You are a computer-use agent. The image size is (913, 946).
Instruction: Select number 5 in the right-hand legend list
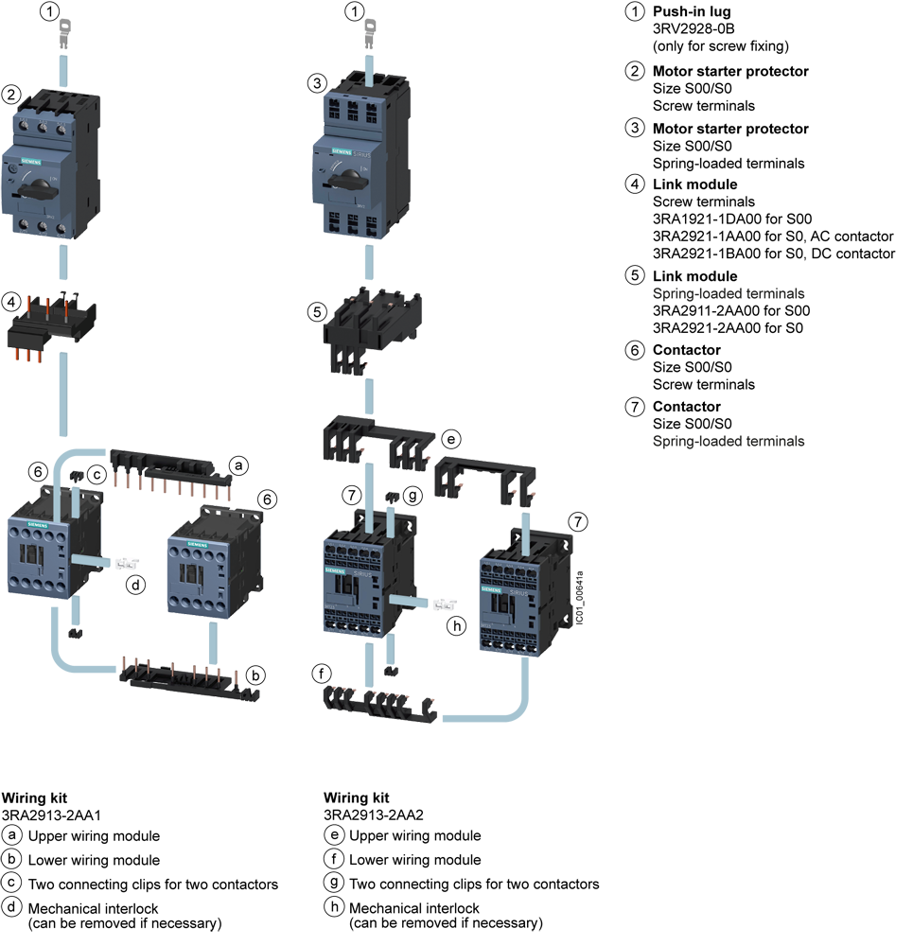636,275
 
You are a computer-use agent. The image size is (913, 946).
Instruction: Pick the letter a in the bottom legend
11,835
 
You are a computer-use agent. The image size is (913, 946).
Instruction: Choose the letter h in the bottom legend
333,906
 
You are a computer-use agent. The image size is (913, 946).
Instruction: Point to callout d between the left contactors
137,586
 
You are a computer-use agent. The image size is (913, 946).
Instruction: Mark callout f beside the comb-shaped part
323,674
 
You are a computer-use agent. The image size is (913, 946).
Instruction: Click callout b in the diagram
255,675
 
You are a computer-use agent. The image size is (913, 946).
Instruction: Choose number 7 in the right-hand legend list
636,407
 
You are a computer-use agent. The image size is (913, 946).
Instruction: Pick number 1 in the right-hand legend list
636,12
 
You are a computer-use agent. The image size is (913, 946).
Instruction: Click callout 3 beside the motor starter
318,83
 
